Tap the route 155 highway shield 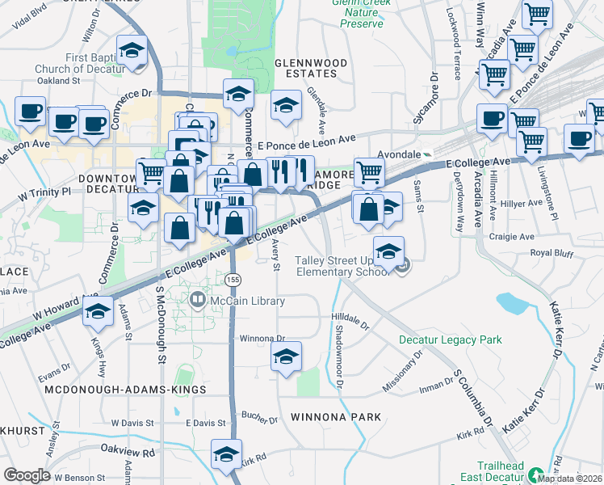point(233,279)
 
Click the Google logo point(27,475)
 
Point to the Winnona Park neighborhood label point(331,418)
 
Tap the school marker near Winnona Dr point(286,356)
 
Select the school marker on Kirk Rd point(227,454)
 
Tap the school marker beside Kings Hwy point(99,311)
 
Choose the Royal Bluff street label point(552,253)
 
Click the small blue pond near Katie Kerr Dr point(512,303)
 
